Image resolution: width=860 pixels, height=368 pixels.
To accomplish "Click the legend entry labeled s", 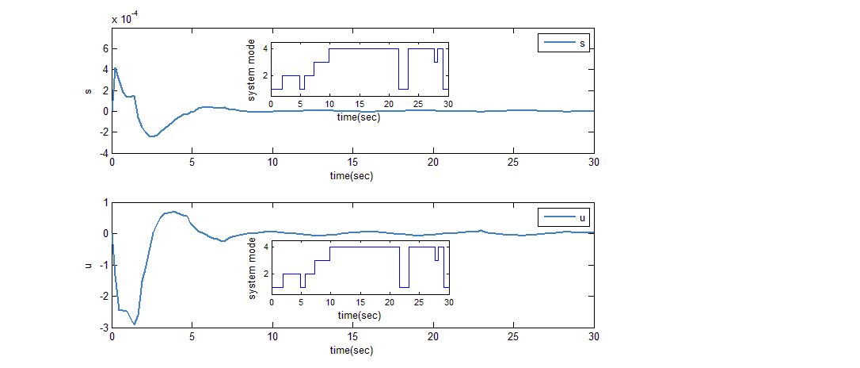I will (x=564, y=44).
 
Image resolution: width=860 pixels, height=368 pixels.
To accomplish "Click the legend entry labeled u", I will (x=564, y=217).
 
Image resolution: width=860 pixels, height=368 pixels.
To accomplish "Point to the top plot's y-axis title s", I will (x=89, y=90).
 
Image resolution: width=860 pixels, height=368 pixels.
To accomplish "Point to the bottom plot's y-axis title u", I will (x=89, y=264).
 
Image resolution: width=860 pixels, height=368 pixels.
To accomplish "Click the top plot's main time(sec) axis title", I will (x=352, y=175).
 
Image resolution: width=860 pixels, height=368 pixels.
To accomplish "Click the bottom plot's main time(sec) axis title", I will (x=352, y=349).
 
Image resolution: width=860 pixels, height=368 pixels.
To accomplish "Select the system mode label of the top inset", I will (x=253, y=69).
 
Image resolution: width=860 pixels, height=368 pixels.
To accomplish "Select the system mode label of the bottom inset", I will (x=253, y=267).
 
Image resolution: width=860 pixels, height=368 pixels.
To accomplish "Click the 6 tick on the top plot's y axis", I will (x=104, y=48).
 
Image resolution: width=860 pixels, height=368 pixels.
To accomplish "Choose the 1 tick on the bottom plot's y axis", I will (x=105, y=202).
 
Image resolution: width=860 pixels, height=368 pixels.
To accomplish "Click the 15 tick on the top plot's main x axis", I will (x=352, y=163).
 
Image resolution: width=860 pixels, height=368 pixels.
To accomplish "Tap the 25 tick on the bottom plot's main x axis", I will (x=513, y=336).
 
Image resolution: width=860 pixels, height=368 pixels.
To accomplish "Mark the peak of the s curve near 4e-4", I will (x=115, y=68).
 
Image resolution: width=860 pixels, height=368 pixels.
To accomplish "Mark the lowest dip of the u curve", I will (x=135, y=324).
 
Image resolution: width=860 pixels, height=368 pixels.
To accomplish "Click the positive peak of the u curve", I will (x=173, y=212).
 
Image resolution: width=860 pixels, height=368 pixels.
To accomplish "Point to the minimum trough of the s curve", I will (x=151, y=136).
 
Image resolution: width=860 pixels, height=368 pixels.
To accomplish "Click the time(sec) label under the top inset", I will (x=359, y=117).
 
